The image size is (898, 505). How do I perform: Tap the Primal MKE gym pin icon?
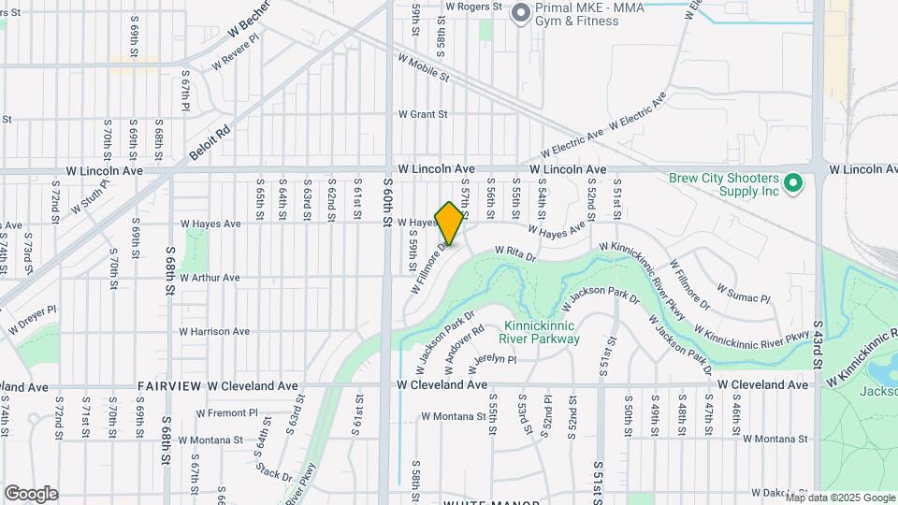click(520, 11)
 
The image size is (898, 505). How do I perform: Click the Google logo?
click(31, 494)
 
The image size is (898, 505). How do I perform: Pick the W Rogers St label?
click(474, 6)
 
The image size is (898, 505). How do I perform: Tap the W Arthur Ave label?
click(210, 278)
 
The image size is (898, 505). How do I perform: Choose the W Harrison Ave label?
click(214, 331)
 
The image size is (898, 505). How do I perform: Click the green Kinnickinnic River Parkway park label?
click(539, 333)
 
